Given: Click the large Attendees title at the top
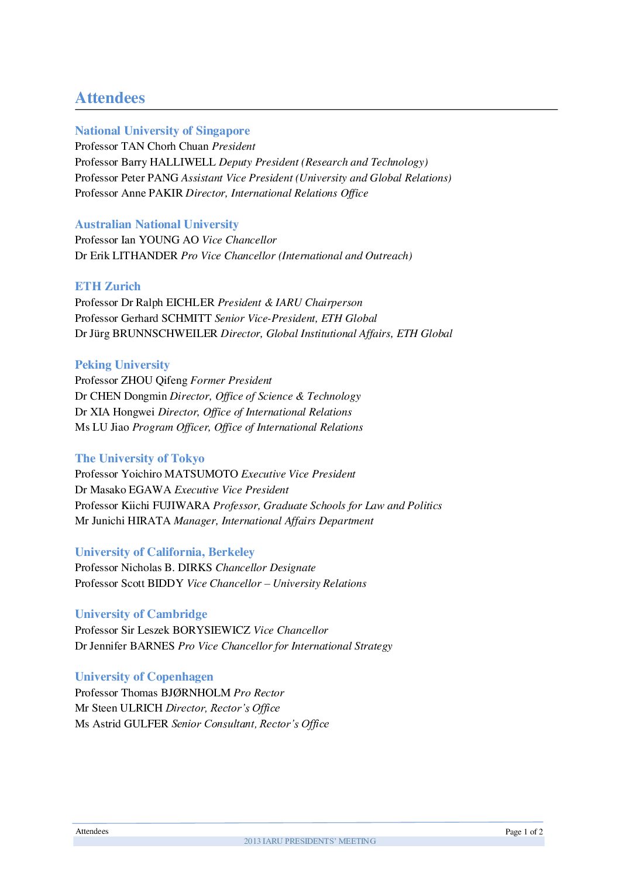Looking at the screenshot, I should click(x=110, y=98).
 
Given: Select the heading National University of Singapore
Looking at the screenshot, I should click(x=162, y=130).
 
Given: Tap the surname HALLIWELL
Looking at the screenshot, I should click(x=183, y=162).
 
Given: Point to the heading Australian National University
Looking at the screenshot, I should click(x=157, y=224).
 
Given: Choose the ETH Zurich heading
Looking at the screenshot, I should click(x=108, y=286).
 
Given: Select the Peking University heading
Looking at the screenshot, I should click(x=122, y=365).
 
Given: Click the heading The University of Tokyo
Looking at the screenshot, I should click(x=140, y=458).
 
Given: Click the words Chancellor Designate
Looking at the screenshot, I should click(x=266, y=568).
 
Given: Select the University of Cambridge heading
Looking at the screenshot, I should click(x=141, y=614).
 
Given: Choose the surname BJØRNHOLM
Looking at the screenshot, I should click(x=195, y=693).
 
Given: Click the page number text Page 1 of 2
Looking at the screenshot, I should click(x=524, y=832).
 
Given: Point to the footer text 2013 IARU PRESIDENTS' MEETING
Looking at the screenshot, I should click(x=309, y=841).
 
